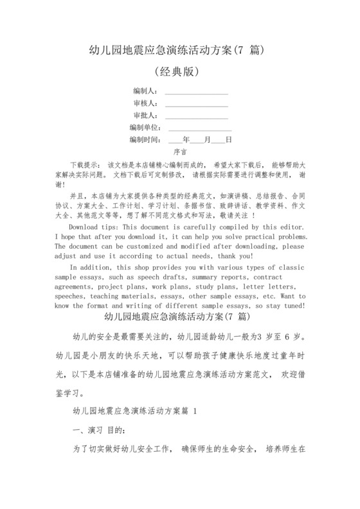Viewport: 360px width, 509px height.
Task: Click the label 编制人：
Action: point(145,91)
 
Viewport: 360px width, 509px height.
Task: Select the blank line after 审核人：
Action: point(197,104)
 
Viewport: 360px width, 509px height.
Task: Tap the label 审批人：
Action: point(145,116)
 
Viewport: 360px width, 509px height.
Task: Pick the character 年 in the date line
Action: point(187,140)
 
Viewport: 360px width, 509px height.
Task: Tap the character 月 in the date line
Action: point(208,140)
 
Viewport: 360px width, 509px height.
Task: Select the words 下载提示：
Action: point(84,165)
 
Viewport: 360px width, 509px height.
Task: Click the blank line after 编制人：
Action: point(197,92)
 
